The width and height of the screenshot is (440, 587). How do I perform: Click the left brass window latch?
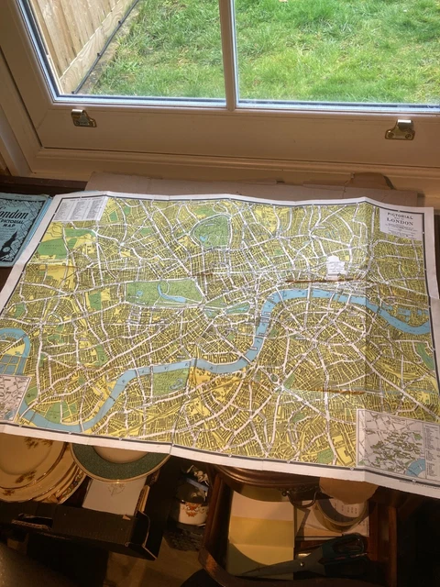pyautogui.click(x=82, y=118)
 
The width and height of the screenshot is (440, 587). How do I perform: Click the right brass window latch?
pyautogui.click(x=400, y=129)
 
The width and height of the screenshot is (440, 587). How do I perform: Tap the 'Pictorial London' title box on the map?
pyautogui.click(x=400, y=223)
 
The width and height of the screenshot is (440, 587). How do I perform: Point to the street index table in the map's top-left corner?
pyautogui.click(x=81, y=209)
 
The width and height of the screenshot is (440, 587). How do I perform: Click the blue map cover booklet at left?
pyautogui.click(x=20, y=225)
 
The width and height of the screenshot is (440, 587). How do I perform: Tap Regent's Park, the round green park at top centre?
pyautogui.click(x=213, y=232)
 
